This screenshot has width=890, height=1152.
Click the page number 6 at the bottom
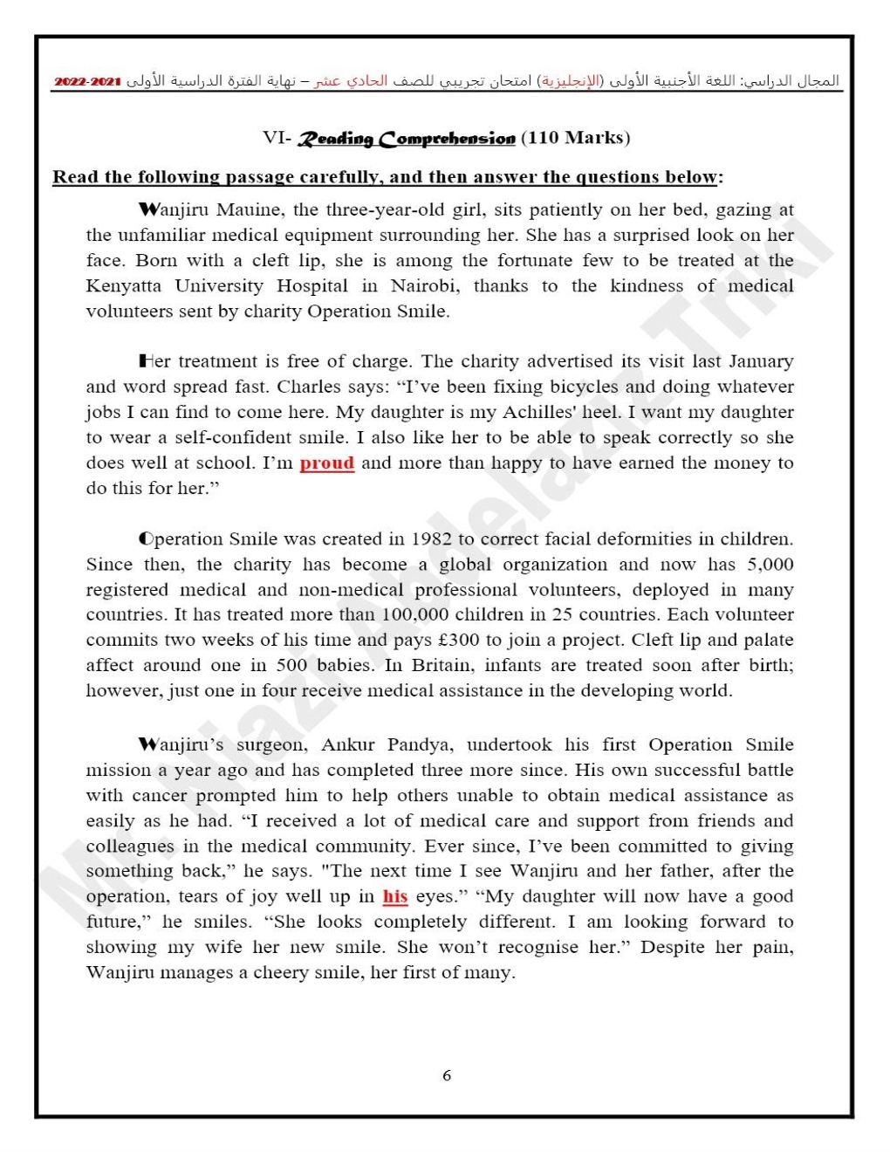(447, 1075)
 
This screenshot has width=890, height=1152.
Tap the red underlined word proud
(326, 463)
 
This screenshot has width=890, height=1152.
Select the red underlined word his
(394, 896)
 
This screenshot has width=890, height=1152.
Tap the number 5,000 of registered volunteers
(770, 564)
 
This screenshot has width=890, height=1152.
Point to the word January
(760, 361)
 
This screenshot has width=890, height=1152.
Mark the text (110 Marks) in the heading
(575, 138)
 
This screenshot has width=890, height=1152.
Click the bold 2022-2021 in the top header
(87, 81)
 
